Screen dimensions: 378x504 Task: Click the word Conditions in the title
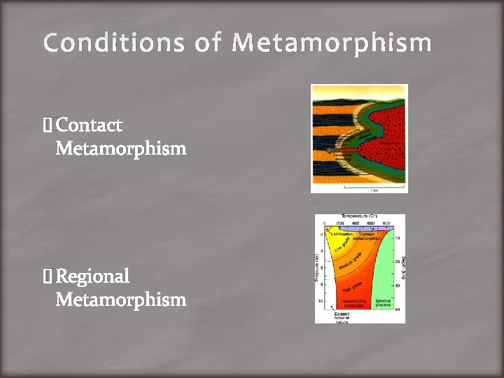coord(113,43)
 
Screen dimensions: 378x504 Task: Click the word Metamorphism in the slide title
coord(332,43)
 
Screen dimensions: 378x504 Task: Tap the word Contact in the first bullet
coord(89,125)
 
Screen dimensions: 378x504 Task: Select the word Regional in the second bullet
coord(92,276)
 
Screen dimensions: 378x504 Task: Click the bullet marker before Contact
coord(47,126)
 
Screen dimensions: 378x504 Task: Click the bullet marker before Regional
coord(47,276)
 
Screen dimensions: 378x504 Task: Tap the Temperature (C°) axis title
coord(360,217)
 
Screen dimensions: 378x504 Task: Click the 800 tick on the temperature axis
coord(386,223)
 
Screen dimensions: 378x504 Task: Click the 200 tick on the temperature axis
coord(340,223)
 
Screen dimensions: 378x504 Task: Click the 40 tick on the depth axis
coord(397,309)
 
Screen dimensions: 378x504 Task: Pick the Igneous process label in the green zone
coord(384,302)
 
